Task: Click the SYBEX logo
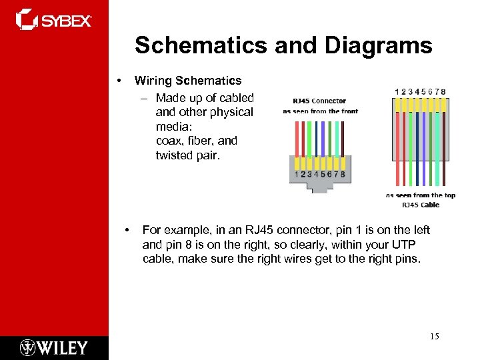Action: coord(54,20)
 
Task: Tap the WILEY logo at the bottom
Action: coord(54,348)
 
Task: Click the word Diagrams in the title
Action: coord(378,46)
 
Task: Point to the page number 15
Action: coord(434,337)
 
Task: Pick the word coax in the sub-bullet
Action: coord(167,141)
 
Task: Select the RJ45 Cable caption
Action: coord(421,205)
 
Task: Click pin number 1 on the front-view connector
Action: coord(295,174)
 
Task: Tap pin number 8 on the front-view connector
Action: coord(343,174)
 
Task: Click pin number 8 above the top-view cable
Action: coord(443,92)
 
